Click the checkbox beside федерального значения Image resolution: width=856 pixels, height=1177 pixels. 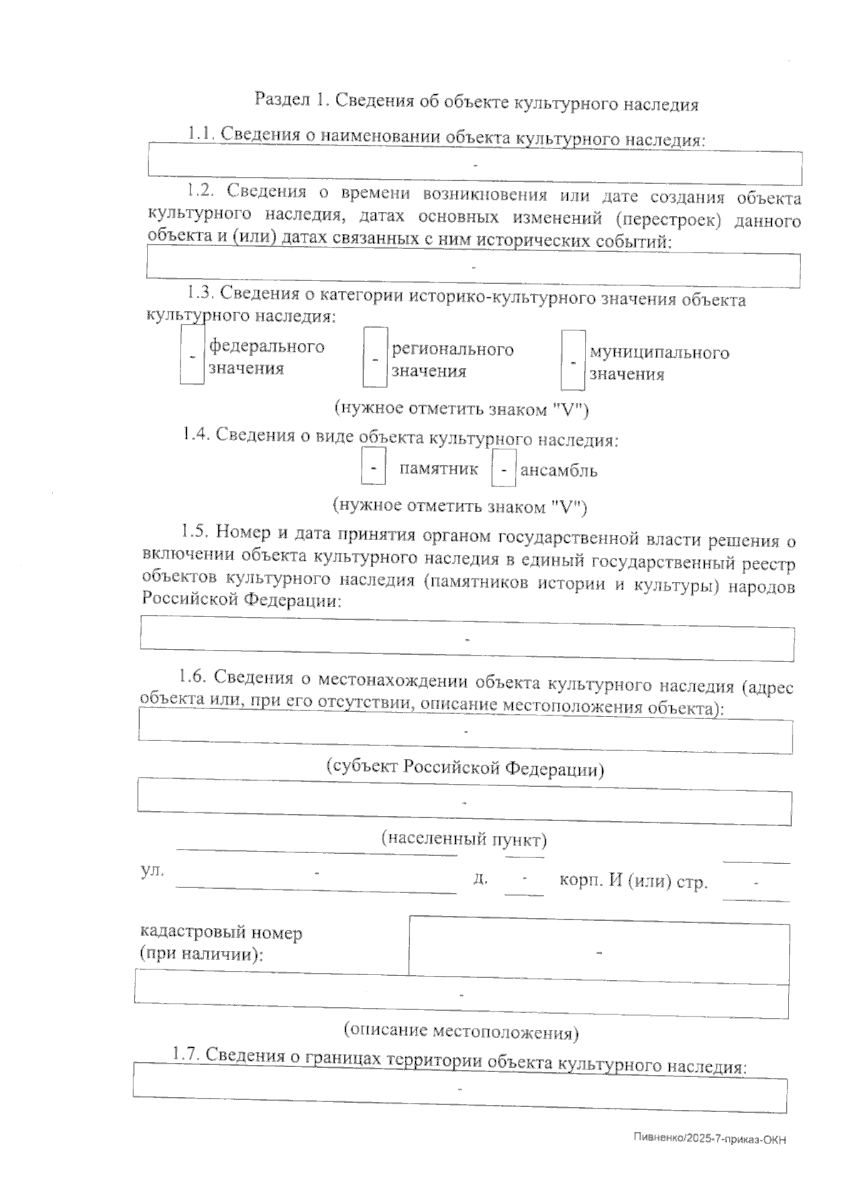click(x=192, y=355)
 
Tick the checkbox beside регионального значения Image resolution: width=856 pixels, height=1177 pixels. click(x=375, y=357)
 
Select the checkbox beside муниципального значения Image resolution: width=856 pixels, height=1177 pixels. click(x=573, y=361)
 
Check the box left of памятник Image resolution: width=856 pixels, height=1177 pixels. click(x=374, y=467)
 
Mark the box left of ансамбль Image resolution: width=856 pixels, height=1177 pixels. click(x=504, y=469)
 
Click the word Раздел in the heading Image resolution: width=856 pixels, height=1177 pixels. click(x=280, y=99)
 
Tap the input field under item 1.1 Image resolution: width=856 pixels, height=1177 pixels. click(x=474, y=164)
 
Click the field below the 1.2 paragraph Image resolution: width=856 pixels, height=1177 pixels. click(x=473, y=269)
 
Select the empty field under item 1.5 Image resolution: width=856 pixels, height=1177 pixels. click(x=467, y=638)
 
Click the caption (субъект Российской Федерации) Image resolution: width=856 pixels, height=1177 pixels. click(x=465, y=769)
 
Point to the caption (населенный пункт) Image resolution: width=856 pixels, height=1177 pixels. click(x=464, y=839)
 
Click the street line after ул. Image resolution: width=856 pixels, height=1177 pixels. click(x=316, y=875)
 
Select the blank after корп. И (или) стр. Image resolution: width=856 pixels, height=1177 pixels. click(x=756, y=884)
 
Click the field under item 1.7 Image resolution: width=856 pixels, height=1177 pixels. click(x=460, y=1090)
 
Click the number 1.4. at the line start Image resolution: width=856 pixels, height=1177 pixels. click(x=195, y=434)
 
